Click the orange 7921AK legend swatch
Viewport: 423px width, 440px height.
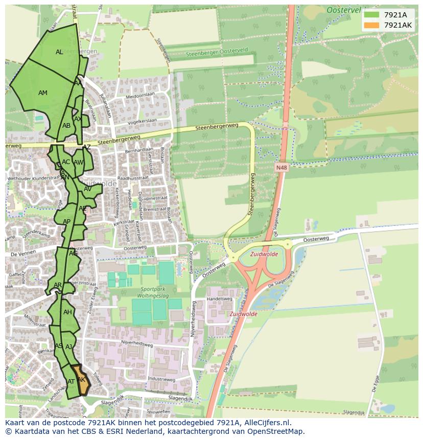[x=372, y=25]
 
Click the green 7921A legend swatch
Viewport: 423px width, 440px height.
[x=372, y=15]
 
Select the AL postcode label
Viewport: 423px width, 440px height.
[x=59, y=52]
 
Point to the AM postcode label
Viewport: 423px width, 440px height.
[x=43, y=93]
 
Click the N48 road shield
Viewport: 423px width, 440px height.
[x=281, y=167]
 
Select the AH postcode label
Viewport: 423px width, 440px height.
[x=67, y=312]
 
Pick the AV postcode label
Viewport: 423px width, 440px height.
[x=87, y=189]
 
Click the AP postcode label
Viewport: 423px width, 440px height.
[x=66, y=222]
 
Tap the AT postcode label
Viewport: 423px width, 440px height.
[x=71, y=382]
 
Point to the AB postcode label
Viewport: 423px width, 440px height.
[x=66, y=126]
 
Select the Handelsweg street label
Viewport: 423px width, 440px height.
[x=220, y=299]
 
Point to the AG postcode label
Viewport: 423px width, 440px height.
[x=74, y=253]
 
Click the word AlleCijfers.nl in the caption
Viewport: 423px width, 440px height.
[x=266, y=423]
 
